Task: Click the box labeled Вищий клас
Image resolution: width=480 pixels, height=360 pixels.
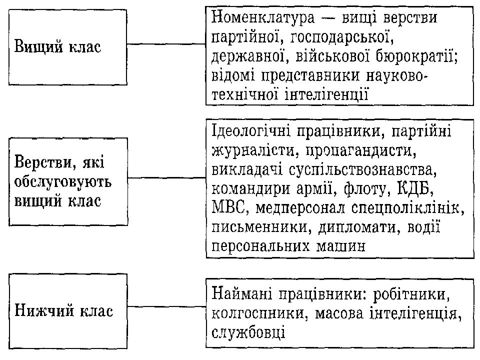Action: point(67,47)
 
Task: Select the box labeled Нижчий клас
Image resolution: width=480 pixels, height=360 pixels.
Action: point(67,311)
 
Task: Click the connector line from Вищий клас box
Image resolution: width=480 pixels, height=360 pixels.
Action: point(166,44)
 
